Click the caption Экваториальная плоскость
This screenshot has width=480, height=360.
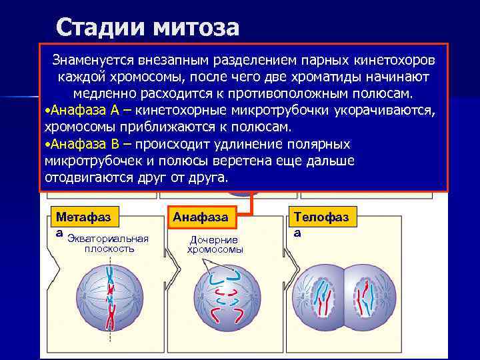pyautogui.click(x=109, y=244)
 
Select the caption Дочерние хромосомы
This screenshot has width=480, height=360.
pyautogui.click(x=215, y=245)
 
